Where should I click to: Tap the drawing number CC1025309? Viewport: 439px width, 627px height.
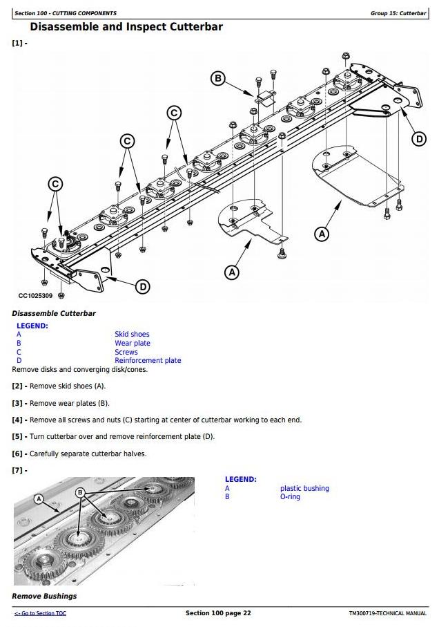pos(35,296)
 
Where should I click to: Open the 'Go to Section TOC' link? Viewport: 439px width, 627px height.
pos(40,613)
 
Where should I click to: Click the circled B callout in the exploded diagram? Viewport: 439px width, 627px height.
pos(217,78)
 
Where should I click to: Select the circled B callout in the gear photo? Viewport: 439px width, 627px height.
pos(80,492)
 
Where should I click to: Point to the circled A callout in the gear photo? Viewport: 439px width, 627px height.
pos(39,499)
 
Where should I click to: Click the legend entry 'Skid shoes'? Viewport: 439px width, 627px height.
pos(132,335)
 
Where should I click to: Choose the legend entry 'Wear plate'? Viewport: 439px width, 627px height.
pos(133,343)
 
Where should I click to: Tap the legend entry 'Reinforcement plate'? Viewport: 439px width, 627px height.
pos(148,360)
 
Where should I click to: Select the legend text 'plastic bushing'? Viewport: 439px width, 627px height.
pos(304,488)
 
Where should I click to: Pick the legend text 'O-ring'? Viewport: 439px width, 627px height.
pos(290,496)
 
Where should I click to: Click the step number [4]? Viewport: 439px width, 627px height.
pos(17,420)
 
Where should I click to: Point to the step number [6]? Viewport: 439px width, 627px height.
pos(17,454)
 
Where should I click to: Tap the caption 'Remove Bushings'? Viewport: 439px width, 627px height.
pos(44,596)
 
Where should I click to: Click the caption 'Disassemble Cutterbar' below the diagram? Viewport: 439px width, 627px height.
pos(54,314)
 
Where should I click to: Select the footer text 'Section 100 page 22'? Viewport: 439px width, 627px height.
pos(218,613)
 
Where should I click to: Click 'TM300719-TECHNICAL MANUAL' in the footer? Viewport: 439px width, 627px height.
pos(387,613)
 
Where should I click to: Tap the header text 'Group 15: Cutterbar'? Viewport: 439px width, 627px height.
pos(398,13)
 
